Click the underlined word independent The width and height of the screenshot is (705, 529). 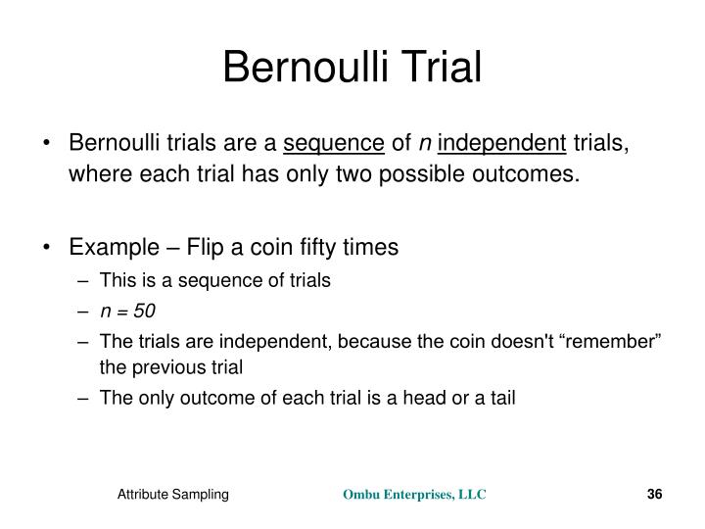click(502, 145)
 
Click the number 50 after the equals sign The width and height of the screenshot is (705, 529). click(145, 311)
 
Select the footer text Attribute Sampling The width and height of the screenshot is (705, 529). click(173, 496)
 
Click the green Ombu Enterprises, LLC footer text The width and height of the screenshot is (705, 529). click(413, 496)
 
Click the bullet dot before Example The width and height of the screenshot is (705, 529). click(49, 247)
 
